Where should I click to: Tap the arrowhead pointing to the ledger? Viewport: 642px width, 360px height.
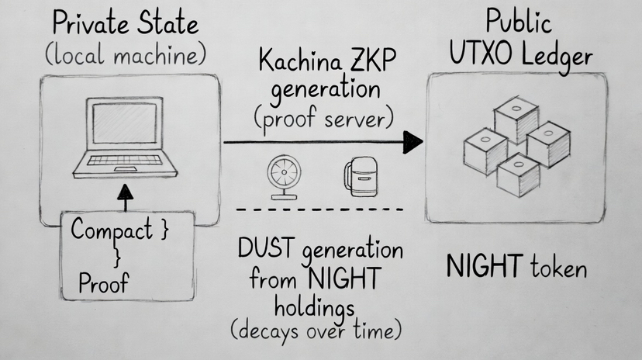413,142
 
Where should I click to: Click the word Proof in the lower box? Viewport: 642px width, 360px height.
104,284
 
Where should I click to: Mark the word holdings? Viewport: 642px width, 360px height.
319,306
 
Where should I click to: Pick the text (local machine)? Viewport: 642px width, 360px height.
126,56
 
